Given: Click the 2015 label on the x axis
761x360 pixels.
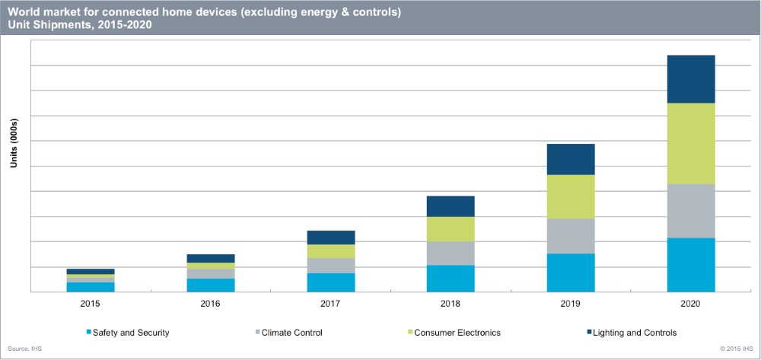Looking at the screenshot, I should coord(91,303).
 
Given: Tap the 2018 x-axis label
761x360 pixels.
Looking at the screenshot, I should coord(451,303).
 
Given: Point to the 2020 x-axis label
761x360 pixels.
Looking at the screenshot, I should coord(691,303).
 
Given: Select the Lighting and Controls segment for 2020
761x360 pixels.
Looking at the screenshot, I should coord(691,79).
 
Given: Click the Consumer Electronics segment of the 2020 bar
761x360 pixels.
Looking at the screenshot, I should coord(691,143).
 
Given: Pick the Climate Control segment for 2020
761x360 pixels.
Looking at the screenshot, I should coord(691,211).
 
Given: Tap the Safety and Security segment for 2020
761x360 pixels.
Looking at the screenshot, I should coord(691,265).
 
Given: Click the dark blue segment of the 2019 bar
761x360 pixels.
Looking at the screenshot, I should coord(571,159).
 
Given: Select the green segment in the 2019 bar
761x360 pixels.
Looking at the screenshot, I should coord(571,196).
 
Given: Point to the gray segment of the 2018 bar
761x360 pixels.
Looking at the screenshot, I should coord(451,253).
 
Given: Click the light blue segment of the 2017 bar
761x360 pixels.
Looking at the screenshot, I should coord(330,282).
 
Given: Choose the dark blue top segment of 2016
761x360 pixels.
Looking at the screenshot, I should coord(211,259).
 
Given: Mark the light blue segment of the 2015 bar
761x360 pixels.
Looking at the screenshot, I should coord(91,287).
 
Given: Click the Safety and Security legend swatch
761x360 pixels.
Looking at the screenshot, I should coord(89,333).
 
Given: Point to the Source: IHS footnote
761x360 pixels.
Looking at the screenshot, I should coord(25,348).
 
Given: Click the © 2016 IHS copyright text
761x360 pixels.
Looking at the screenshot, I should coord(736,348).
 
